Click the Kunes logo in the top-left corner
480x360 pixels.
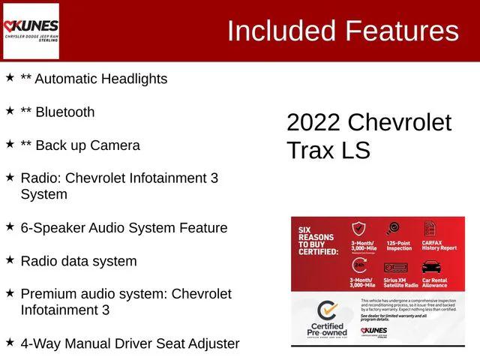pos(31,31)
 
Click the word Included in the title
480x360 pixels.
pos(282,31)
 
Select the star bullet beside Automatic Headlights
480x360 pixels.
pos(10,77)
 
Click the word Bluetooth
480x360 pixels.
pos(65,112)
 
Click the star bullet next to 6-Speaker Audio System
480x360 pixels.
pos(10,226)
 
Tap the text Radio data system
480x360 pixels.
pos(79,262)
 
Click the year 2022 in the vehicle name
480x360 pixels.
pos(313,122)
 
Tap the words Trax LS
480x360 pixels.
pos(328,150)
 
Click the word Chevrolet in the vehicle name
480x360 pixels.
pos(400,122)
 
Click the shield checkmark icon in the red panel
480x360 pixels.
pos(360,230)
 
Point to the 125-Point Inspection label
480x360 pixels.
pos(399,247)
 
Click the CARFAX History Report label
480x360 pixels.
pos(438,247)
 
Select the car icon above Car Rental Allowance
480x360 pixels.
pos(431,267)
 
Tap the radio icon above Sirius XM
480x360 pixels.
pos(395,267)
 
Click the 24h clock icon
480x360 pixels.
pos(359,266)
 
